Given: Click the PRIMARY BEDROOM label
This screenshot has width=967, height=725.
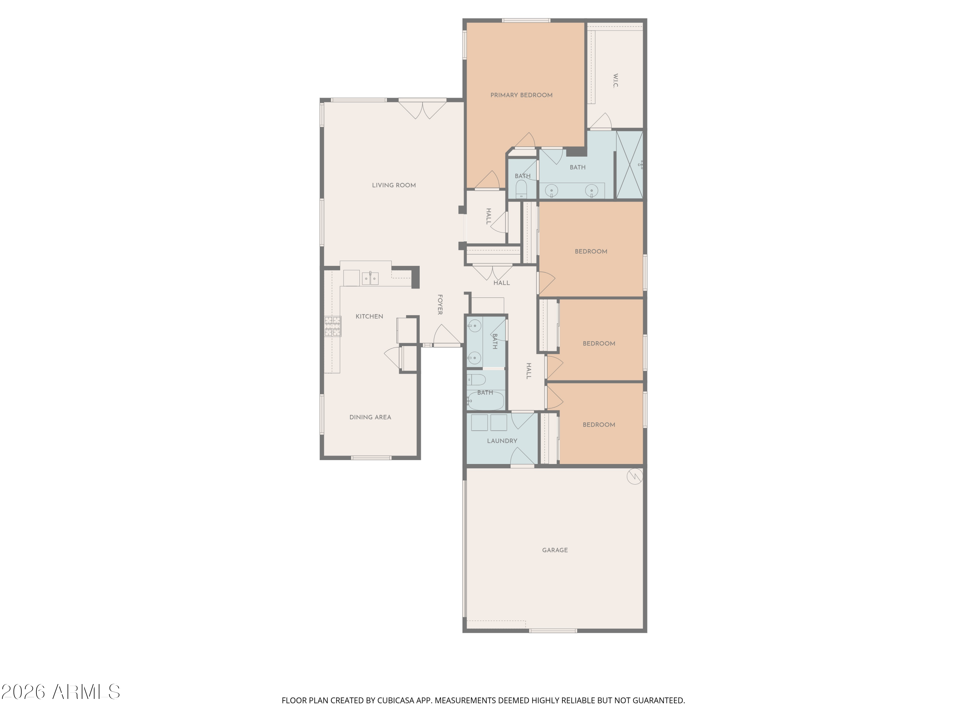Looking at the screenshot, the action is pyautogui.click(x=521, y=95).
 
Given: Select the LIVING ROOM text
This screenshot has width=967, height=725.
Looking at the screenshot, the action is pyautogui.click(x=394, y=185).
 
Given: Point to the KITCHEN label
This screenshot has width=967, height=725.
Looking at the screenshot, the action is pyautogui.click(x=369, y=316).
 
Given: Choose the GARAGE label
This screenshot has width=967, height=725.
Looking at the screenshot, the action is pyautogui.click(x=555, y=550).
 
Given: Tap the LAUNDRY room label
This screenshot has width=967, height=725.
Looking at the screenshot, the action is pyautogui.click(x=502, y=441).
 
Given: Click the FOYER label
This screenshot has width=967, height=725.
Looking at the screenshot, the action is pyautogui.click(x=440, y=304).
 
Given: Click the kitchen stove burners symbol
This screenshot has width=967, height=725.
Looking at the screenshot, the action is pyautogui.click(x=333, y=326).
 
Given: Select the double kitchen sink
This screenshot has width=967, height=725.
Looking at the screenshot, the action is pyautogui.click(x=370, y=278).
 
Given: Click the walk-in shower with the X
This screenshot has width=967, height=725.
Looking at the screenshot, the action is pyautogui.click(x=630, y=165).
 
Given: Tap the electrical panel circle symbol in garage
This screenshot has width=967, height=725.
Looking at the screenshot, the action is pyautogui.click(x=635, y=476).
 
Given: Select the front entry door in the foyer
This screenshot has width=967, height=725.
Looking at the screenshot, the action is pyautogui.click(x=447, y=335).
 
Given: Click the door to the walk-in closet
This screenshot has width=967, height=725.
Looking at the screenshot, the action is pyautogui.click(x=601, y=121).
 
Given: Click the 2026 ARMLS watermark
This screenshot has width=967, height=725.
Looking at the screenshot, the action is pyautogui.click(x=61, y=692).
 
